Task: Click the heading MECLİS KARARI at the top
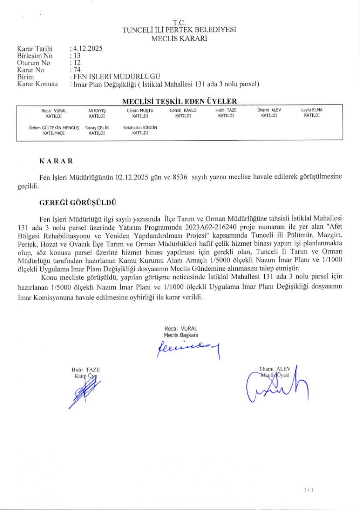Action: coord(179,39)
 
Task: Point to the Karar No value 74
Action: coord(77,70)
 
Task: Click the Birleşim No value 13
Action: coord(77,56)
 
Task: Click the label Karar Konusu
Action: coord(37,84)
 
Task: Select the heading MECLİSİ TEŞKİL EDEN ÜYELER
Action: coord(180,101)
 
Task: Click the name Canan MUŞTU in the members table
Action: coord(140,110)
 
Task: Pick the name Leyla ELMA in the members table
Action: coord(312,110)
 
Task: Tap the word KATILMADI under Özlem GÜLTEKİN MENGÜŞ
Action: coord(54,133)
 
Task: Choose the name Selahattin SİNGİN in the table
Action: coord(140,128)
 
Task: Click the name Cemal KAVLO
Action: coord(183,110)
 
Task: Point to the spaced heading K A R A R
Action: coord(56,161)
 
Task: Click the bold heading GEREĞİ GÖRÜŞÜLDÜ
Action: coord(78,203)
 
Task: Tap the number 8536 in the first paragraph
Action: coord(180,177)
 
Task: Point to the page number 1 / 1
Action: coord(308,490)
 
